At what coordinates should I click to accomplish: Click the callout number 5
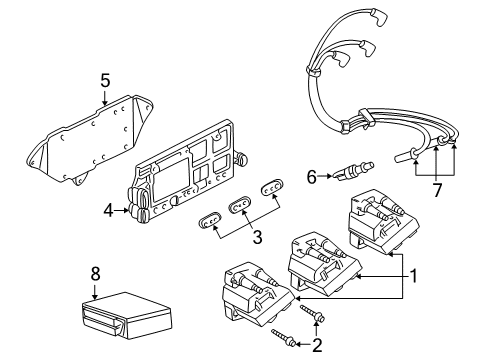click(103, 80)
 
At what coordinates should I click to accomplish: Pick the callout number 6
click(312, 177)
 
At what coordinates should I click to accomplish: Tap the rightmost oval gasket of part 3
click(273, 189)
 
